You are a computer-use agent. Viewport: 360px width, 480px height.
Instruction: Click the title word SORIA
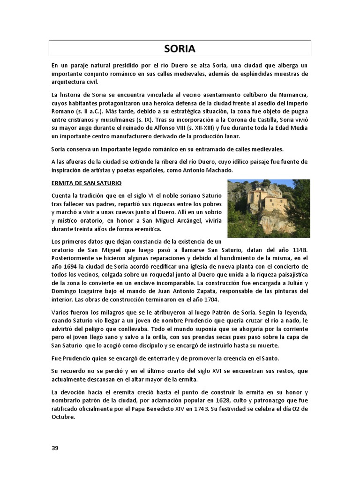[x=180, y=49]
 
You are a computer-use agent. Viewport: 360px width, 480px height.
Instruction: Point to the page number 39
[x=55, y=448]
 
